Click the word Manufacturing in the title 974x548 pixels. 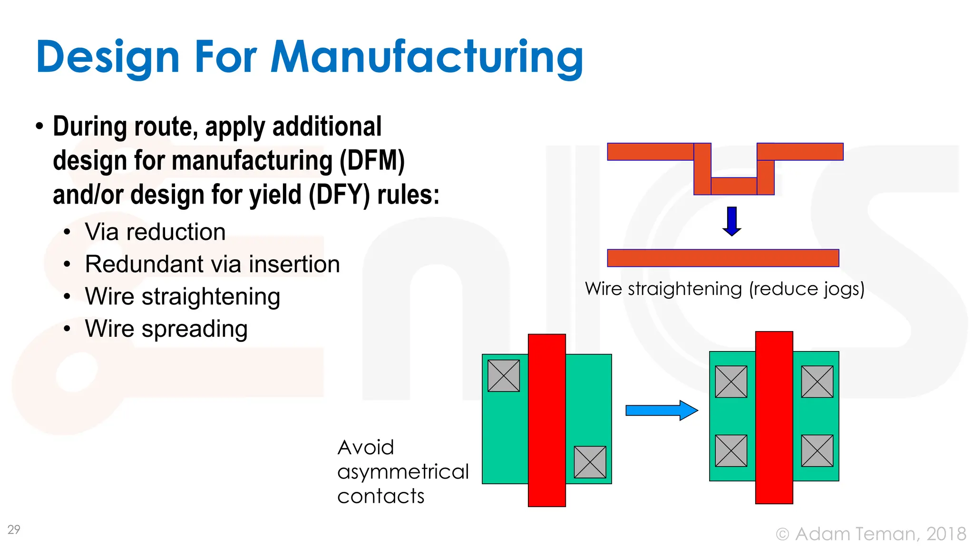[x=427, y=58]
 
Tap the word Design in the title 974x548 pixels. [x=107, y=58]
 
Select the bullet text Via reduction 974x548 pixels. [x=155, y=232]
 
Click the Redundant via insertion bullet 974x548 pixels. [x=212, y=264]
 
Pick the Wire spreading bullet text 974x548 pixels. [x=166, y=329]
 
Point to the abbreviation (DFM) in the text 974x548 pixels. [x=371, y=160]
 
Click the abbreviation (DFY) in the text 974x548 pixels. [x=339, y=195]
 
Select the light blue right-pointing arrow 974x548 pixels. [x=662, y=410]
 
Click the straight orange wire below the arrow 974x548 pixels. [x=723, y=258]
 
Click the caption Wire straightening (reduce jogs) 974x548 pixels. [x=724, y=289]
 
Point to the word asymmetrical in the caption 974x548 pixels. [x=403, y=472]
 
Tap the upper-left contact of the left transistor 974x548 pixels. [x=504, y=376]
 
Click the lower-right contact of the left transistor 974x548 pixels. [x=590, y=462]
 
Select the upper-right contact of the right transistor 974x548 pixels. [x=817, y=382]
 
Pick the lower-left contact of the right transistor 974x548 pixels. [x=731, y=450]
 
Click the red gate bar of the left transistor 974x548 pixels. [x=547, y=420]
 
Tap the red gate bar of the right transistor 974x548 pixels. [x=774, y=418]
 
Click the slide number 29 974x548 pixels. [x=14, y=529]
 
